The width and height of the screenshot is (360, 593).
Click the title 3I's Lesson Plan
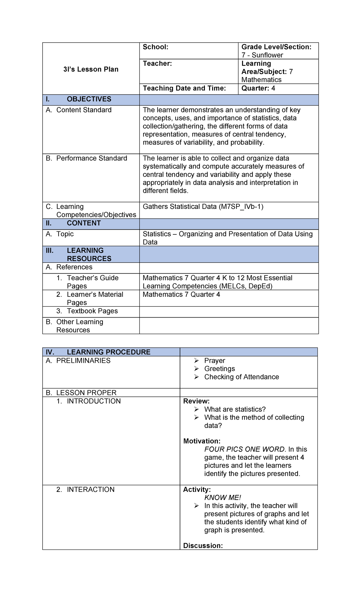click(x=91, y=69)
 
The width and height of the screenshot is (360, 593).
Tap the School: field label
click(x=155, y=47)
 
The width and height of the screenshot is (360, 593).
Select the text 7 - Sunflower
click(x=262, y=55)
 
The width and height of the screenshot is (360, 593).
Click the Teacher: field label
click(x=157, y=64)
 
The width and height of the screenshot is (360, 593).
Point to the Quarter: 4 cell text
click(x=258, y=88)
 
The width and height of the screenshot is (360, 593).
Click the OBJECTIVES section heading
click(x=89, y=99)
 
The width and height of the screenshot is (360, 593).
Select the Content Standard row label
click(x=84, y=110)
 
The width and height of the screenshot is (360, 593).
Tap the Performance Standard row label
click(x=91, y=158)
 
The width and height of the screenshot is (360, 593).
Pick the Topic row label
click(x=65, y=234)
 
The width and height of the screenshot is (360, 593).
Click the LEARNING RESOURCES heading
click(x=89, y=254)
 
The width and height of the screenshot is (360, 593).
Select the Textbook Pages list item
click(x=92, y=311)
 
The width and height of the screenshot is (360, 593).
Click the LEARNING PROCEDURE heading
click(x=108, y=352)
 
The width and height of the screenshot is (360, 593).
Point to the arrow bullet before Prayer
click(x=196, y=361)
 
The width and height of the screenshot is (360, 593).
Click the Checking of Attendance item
click(x=241, y=377)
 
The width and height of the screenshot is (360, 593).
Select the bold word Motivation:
click(x=202, y=441)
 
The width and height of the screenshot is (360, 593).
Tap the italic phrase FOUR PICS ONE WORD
click(x=244, y=449)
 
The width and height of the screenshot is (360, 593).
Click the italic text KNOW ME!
click(x=223, y=498)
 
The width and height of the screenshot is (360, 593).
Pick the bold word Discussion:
click(x=203, y=546)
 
